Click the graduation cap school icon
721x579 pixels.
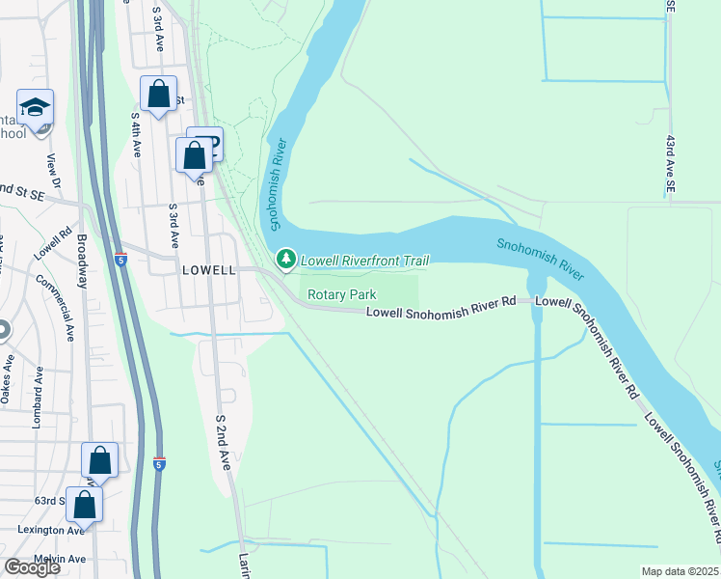[35, 108]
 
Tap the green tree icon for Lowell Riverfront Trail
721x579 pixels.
[285, 260]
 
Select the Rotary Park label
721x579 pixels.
[341, 294]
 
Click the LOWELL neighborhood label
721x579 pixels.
[208, 271]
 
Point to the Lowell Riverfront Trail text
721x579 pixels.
[364, 261]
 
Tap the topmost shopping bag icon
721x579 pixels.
[158, 95]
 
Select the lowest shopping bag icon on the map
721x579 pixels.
[85, 504]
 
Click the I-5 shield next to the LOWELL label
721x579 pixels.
[120, 259]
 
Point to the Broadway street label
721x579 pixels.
[82, 261]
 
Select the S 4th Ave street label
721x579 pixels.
[137, 134]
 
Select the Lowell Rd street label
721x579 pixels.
[53, 244]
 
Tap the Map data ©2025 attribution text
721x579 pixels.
[681, 571]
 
